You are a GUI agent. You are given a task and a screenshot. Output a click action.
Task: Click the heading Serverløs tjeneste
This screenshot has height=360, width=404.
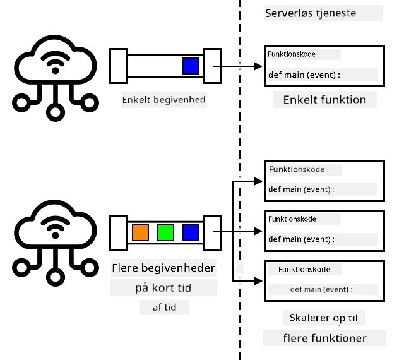311,13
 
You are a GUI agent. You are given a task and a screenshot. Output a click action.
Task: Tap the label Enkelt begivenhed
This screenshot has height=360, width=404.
164,100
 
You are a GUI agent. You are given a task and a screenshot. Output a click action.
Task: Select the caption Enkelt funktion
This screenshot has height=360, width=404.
324,100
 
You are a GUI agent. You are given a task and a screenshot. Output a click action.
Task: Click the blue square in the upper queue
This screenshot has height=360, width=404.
191,66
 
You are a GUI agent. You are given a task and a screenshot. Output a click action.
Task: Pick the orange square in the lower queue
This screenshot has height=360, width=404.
140,232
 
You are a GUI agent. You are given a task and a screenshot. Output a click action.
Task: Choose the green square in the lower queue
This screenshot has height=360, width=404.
165,232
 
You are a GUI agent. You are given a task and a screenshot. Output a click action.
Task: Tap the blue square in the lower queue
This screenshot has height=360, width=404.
191,232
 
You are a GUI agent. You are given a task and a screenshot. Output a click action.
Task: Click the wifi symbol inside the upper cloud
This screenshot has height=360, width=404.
55,63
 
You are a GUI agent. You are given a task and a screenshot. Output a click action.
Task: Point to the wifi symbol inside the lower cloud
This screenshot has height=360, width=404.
55,227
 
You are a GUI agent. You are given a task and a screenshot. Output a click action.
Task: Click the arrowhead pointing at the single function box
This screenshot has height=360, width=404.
258,66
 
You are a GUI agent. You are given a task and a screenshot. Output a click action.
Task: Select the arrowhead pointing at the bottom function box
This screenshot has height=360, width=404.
258,281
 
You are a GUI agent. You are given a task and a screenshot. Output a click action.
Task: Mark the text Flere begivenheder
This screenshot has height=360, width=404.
163,268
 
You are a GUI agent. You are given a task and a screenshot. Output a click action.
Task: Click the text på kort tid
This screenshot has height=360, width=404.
163,288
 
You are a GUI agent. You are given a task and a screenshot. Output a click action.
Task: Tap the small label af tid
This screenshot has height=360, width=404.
164,308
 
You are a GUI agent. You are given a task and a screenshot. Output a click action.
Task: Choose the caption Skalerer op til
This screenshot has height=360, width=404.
324,318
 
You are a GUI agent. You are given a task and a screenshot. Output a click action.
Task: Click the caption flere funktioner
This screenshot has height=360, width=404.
324,338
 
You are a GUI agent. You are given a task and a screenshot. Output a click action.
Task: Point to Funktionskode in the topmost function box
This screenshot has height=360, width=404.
292,54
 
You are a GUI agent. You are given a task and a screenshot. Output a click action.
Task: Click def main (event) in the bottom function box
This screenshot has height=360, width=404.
319,289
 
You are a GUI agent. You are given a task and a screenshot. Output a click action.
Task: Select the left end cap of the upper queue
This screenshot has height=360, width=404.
119,66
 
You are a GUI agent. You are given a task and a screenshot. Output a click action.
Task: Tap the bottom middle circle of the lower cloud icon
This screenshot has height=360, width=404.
55,277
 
